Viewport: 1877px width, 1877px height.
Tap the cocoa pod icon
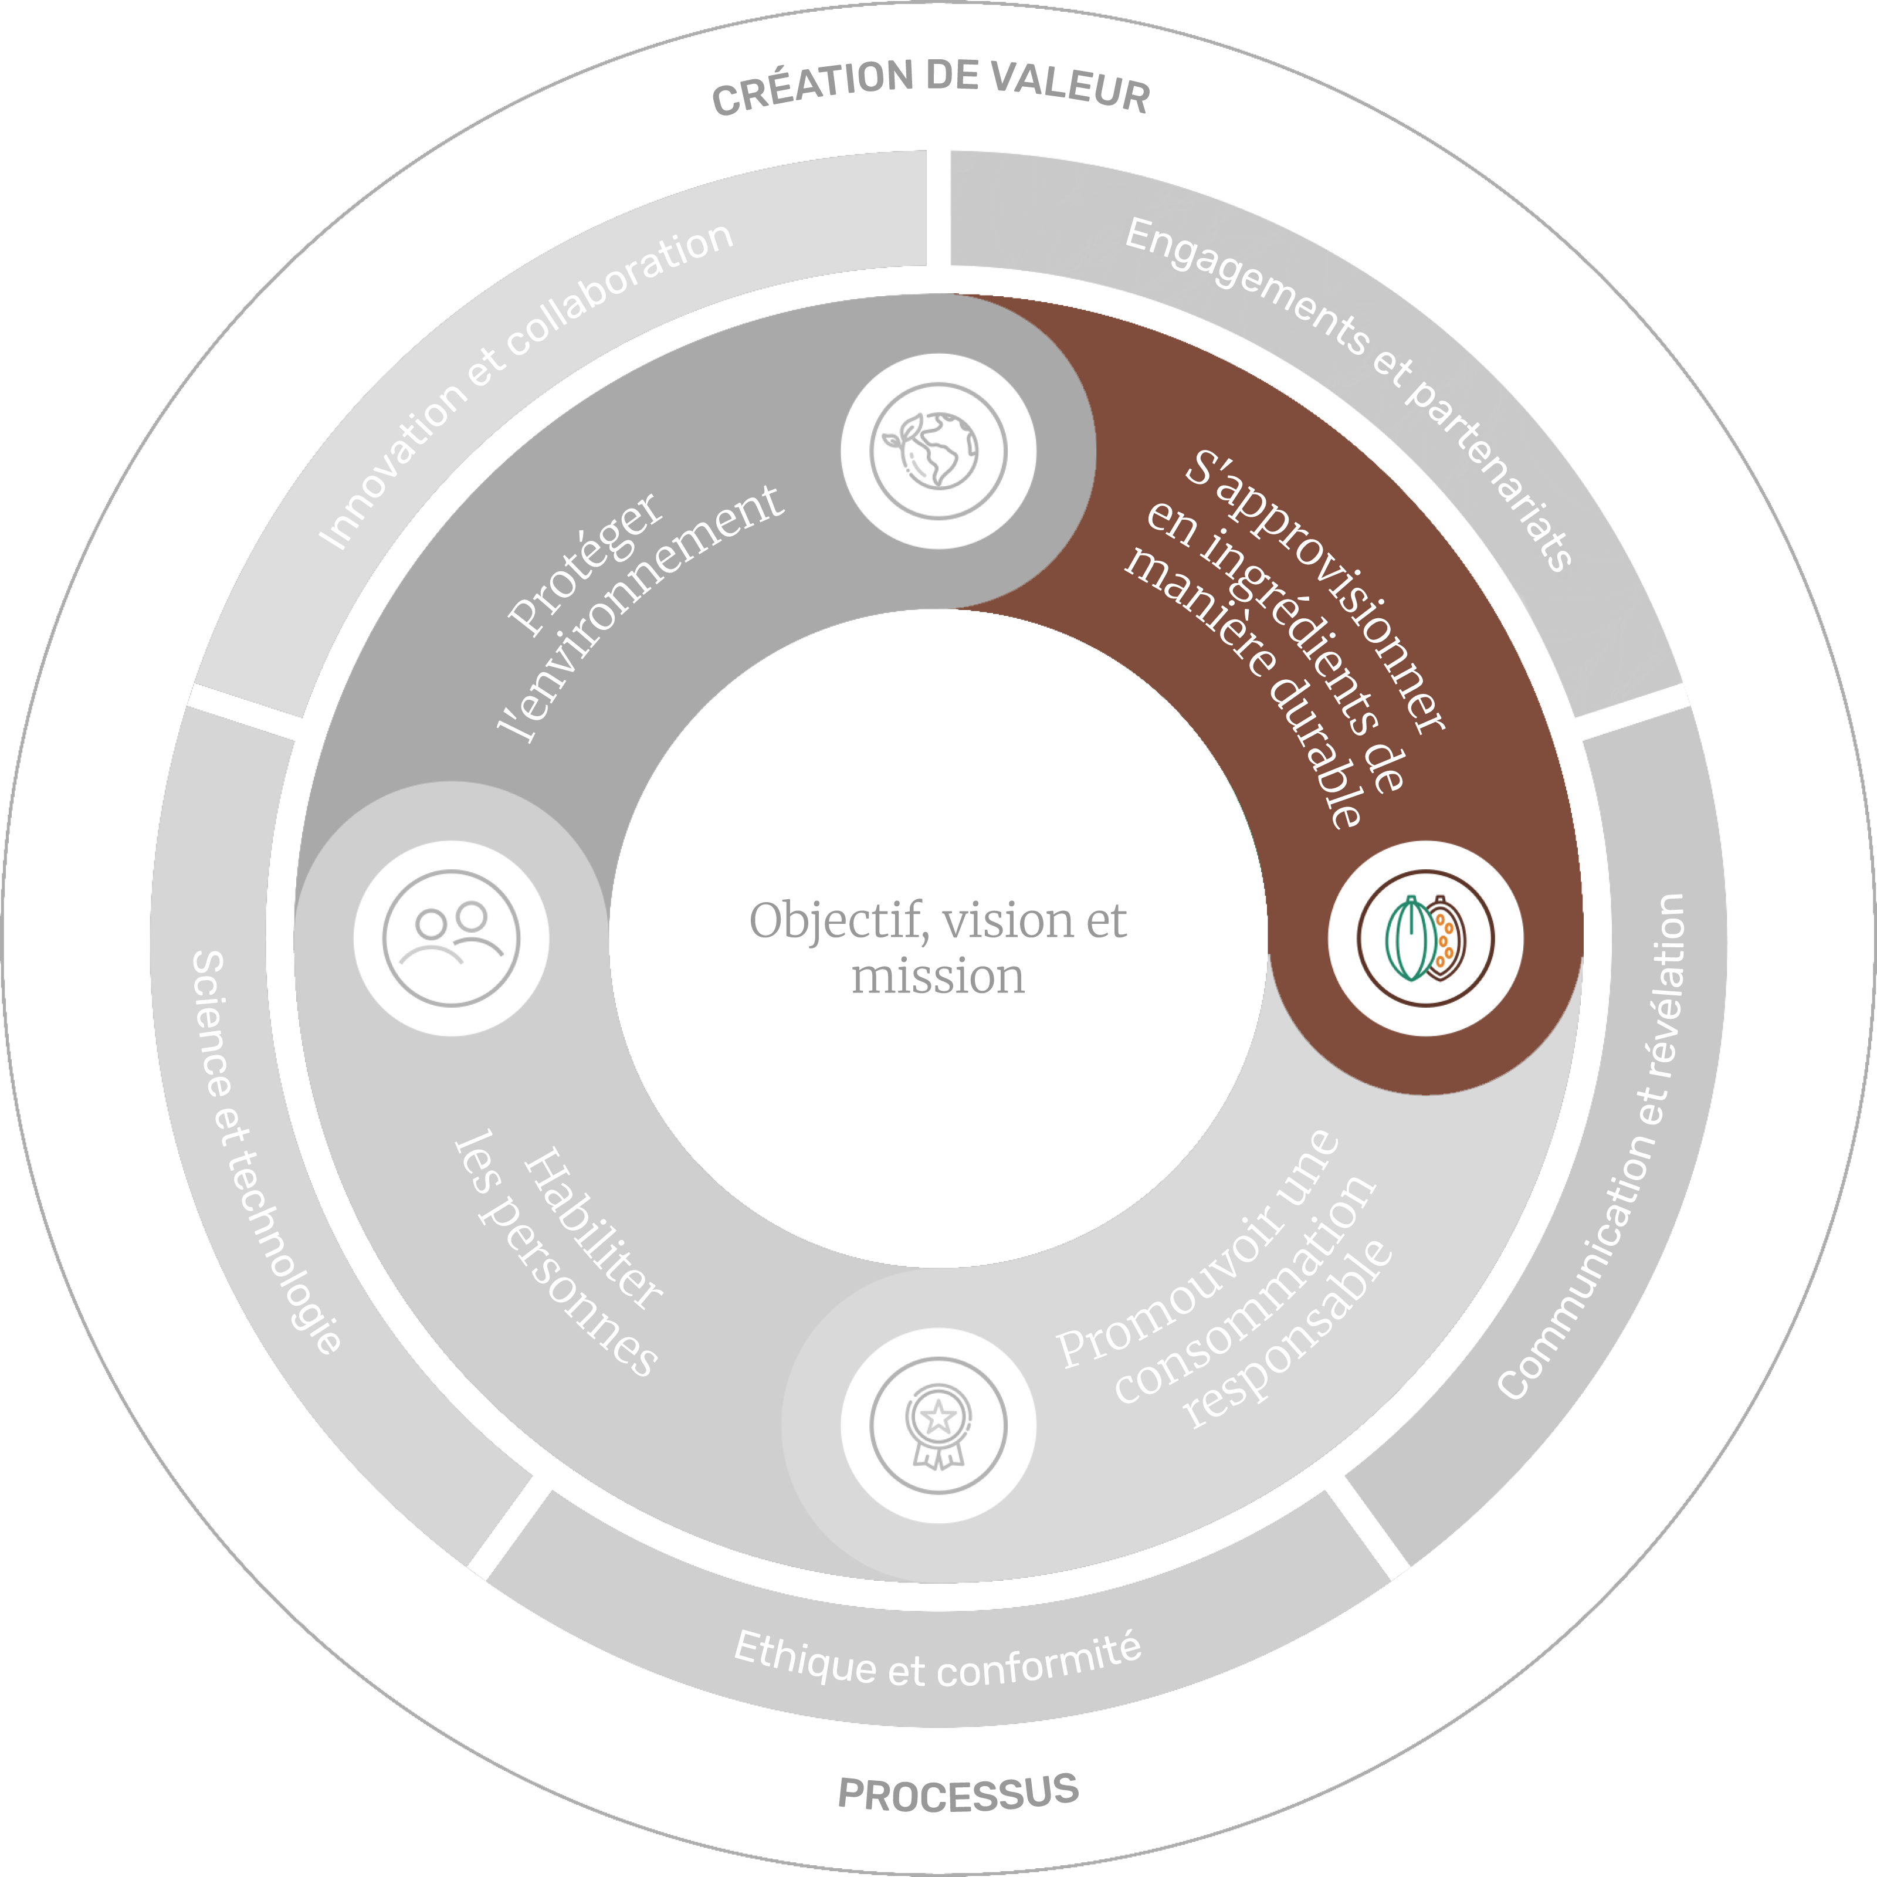coord(1425,938)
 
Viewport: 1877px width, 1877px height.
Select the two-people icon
coord(451,938)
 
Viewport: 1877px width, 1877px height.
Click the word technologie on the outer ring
coord(292,1253)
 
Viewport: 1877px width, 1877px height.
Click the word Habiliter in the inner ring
coord(592,1229)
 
